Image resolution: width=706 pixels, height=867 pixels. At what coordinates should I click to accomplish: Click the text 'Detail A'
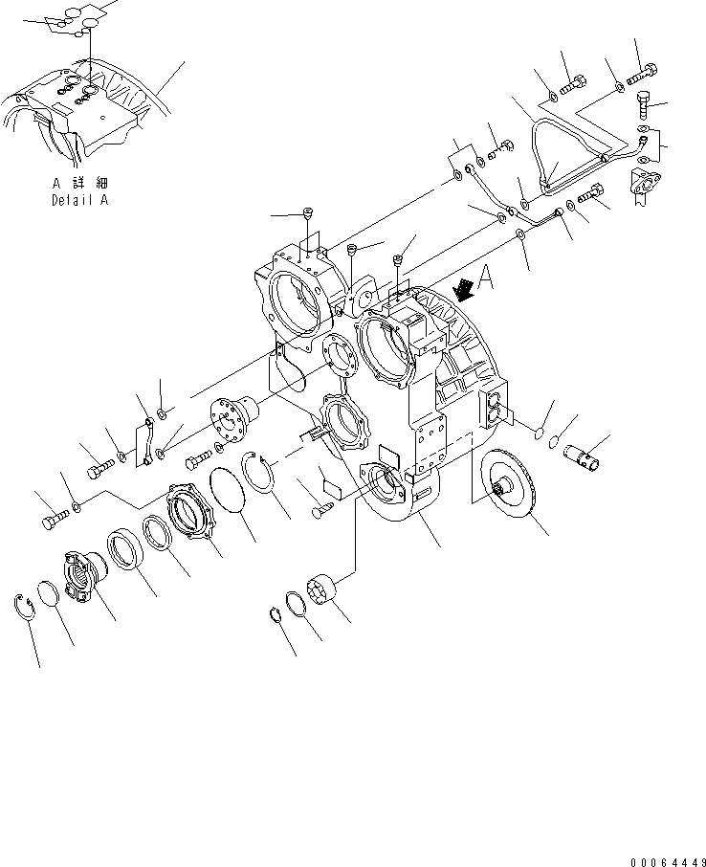pos(79,202)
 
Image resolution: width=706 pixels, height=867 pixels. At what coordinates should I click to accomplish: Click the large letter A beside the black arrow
pos(485,277)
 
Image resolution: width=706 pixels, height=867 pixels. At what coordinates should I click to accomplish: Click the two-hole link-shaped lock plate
pos(147,443)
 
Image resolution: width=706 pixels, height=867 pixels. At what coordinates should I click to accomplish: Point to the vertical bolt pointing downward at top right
pos(644,100)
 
